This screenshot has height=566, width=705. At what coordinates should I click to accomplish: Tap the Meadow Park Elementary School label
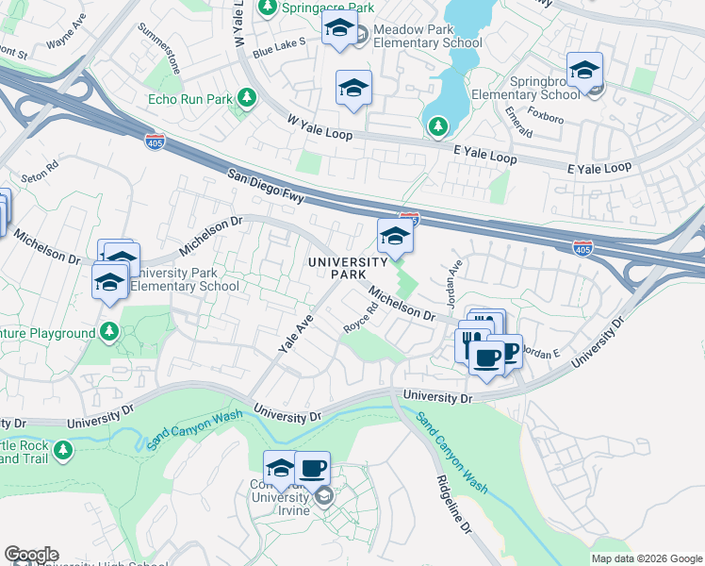coord(427,37)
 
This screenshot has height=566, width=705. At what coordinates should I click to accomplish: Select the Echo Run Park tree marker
coord(247,98)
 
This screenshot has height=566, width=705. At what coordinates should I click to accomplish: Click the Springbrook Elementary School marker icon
coord(584,71)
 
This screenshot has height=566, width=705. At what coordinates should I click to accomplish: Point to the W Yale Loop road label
coord(320,128)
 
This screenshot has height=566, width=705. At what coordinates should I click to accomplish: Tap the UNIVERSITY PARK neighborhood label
coord(348,267)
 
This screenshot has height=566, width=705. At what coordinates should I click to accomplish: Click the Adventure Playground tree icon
coord(109,333)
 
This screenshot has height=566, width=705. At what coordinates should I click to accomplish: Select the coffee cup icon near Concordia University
coord(312,467)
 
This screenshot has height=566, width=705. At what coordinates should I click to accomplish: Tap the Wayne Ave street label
coord(65,44)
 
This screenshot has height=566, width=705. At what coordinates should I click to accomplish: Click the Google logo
coord(31,555)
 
